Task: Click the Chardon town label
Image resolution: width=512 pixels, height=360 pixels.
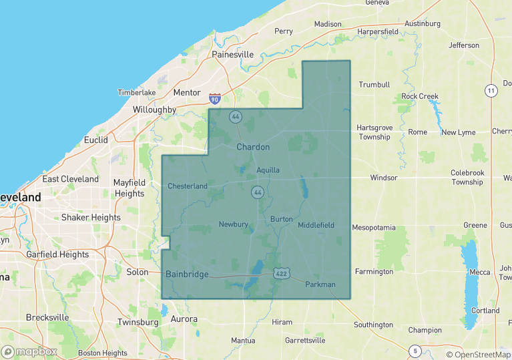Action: (x=253, y=147)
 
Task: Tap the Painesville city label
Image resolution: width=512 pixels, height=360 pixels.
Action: (x=232, y=54)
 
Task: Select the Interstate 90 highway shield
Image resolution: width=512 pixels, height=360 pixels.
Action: (x=214, y=99)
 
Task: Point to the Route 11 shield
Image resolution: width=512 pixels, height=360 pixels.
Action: (x=491, y=90)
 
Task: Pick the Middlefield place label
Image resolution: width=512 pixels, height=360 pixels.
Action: (x=316, y=225)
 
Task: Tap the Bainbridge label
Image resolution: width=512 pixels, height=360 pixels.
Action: (x=187, y=275)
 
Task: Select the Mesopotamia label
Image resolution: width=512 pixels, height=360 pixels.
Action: (x=374, y=228)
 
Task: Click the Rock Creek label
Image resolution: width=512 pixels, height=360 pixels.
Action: (x=419, y=96)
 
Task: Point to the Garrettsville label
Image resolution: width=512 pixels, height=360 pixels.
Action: (x=304, y=341)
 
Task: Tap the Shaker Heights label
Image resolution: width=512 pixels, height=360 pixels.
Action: (x=91, y=217)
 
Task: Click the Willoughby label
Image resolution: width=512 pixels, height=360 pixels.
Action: (x=154, y=110)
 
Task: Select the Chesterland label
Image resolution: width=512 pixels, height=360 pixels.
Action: (x=188, y=186)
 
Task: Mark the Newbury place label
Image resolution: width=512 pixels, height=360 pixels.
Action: (x=234, y=224)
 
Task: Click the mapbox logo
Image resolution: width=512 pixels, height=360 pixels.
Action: (x=29, y=351)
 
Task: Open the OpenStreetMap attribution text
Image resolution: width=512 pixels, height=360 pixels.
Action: (x=478, y=355)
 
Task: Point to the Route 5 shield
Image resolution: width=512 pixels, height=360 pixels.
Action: (x=415, y=351)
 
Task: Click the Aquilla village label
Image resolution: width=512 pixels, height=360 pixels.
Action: (x=268, y=170)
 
